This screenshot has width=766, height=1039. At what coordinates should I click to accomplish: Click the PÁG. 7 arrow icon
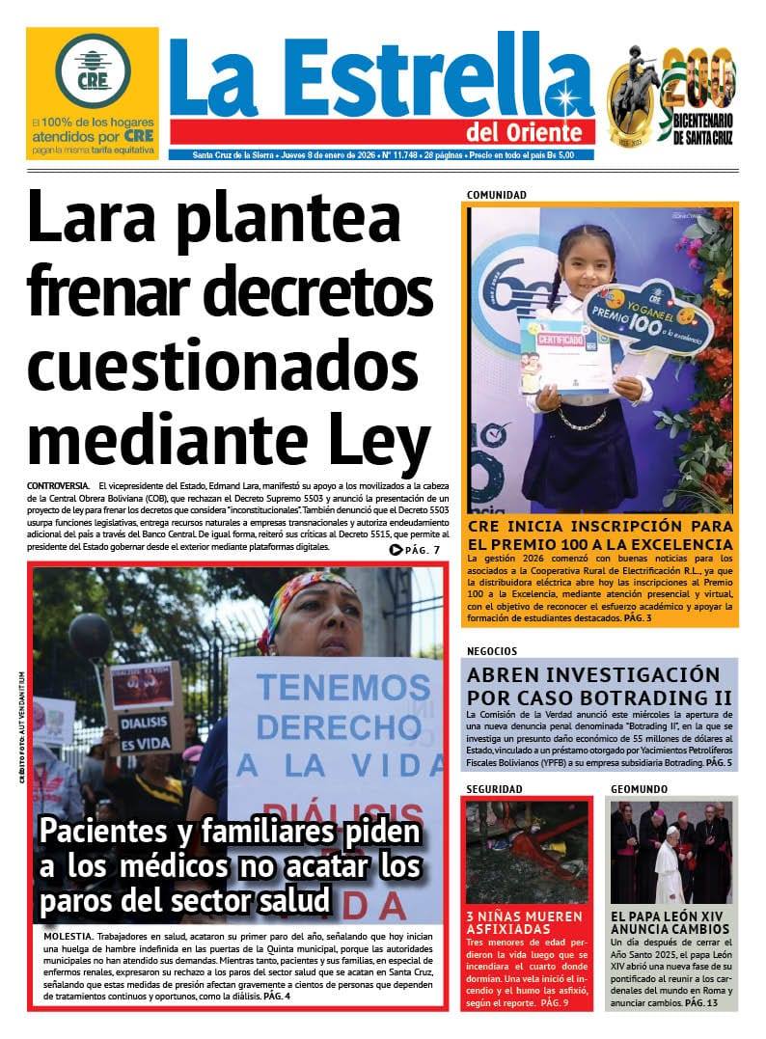point(396,551)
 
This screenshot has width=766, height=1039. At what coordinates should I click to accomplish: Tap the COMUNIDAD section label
point(496,195)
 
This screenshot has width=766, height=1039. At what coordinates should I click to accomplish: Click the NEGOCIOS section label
point(491,651)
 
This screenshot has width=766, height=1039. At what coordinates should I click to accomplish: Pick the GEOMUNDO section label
point(639,789)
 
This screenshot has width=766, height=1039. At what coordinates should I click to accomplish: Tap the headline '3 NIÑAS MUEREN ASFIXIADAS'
point(524,923)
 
